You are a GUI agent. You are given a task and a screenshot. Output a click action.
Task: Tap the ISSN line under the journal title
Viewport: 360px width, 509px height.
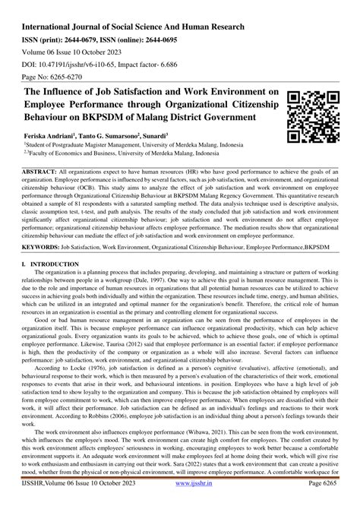[x=115, y=24]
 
